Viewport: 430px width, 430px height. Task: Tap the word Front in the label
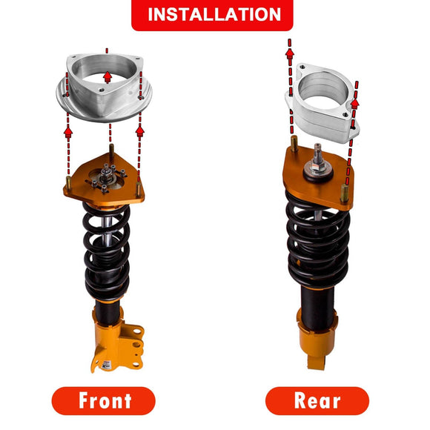point(105,400)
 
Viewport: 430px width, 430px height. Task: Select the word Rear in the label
point(317,400)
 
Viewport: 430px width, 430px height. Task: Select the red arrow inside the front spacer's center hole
point(107,76)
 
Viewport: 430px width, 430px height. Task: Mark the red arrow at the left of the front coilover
point(68,132)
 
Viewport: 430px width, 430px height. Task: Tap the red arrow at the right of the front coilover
point(139,130)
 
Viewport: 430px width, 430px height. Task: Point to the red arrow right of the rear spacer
point(354,104)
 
